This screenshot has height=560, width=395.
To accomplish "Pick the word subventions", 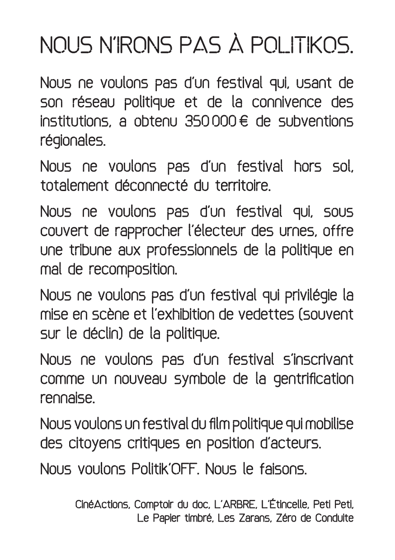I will [315, 123].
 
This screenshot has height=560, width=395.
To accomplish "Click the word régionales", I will [73, 142].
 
